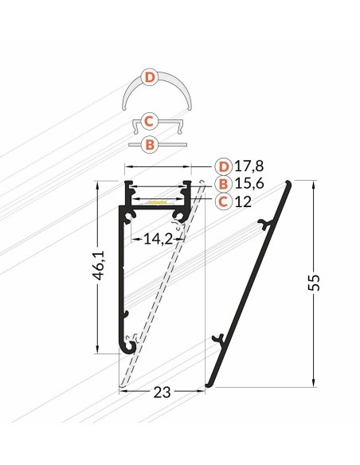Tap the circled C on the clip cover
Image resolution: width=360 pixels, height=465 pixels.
tap(147, 122)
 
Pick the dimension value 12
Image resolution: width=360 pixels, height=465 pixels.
tap(244, 201)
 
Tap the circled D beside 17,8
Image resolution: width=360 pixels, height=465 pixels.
tap(225, 166)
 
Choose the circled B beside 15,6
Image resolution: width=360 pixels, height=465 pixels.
tap(225, 184)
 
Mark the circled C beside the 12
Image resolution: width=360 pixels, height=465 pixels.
tap(225, 201)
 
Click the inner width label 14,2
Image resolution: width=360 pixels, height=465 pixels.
tap(158, 237)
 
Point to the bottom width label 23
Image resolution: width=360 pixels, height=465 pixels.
tap(162, 393)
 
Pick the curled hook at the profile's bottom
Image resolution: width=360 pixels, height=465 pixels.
tap(129, 343)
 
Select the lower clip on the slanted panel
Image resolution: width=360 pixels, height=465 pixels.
tap(219, 338)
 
